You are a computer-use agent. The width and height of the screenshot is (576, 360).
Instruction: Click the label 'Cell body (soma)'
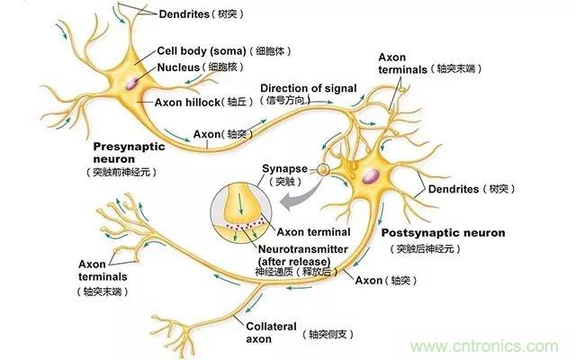[x=193, y=51]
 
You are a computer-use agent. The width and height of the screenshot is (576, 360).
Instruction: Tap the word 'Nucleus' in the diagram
[x=181, y=67]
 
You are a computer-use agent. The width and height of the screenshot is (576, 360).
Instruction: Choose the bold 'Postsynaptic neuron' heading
[x=443, y=233]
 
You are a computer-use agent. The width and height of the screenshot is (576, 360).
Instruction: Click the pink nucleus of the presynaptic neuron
[x=132, y=83]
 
